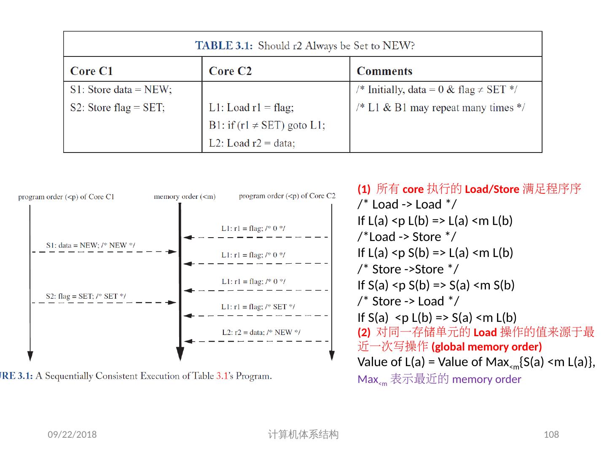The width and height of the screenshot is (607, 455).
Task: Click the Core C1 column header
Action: [x=91, y=71]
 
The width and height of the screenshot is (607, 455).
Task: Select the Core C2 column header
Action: [x=230, y=71]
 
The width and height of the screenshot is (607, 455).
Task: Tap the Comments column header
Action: [x=384, y=71]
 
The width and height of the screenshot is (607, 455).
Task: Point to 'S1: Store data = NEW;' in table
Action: [x=121, y=90]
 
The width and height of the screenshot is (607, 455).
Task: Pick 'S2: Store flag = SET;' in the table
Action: [x=117, y=108]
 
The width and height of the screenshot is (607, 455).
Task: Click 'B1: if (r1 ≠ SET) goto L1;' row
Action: [x=267, y=126]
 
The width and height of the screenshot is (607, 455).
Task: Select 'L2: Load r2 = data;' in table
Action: [x=252, y=143]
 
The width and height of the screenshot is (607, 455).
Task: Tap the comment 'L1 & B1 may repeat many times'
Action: [x=440, y=108]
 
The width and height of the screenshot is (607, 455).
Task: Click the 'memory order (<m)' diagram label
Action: [x=185, y=196]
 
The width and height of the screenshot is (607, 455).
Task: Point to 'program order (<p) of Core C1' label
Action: [x=66, y=197]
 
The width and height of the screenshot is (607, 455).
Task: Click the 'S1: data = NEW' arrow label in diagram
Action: [x=91, y=245]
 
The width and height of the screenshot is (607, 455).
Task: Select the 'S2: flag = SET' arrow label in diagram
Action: [x=86, y=296]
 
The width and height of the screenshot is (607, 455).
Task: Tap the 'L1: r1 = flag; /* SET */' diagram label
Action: [x=258, y=307]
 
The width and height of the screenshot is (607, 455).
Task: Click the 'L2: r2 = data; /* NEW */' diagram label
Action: [x=261, y=332]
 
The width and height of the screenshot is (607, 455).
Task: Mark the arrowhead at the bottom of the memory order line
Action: [x=180, y=354]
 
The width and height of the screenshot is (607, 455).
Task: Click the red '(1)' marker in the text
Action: [x=364, y=189]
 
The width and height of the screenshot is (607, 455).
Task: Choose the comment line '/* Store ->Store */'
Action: [x=408, y=269]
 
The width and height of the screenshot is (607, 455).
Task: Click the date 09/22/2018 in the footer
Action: [x=72, y=434]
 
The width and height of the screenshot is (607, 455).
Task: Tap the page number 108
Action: [x=551, y=434]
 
